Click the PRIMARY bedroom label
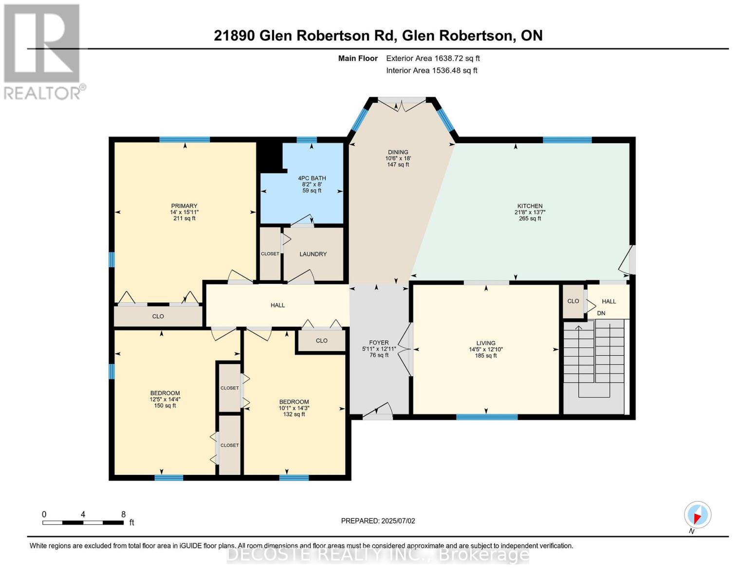(x=184, y=206)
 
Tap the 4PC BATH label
(x=312, y=178)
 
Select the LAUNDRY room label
(x=313, y=254)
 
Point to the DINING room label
(x=398, y=152)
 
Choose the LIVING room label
(x=485, y=343)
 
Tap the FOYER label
(x=379, y=343)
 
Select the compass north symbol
(x=697, y=515)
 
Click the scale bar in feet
(x=83, y=522)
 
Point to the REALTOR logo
(x=43, y=51)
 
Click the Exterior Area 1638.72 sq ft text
(x=433, y=58)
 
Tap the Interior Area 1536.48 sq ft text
(x=431, y=71)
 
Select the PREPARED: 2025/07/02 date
(x=378, y=521)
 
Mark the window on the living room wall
(x=486, y=417)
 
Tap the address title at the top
(x=378, y=36)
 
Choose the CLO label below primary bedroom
(x=158, y=316)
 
